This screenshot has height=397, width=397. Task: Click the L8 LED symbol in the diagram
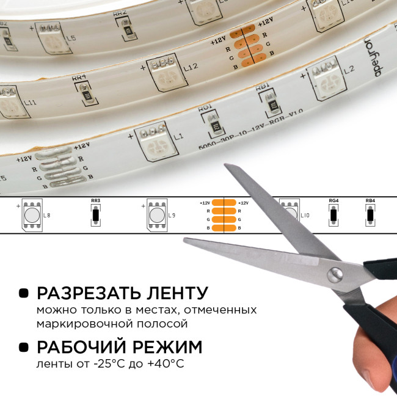31,216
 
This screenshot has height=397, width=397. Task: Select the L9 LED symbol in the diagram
155,216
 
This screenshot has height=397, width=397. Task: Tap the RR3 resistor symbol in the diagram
95,215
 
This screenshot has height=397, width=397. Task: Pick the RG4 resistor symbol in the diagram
333,215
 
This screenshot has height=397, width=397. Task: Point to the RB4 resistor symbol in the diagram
370,215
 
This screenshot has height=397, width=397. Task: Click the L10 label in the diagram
306,216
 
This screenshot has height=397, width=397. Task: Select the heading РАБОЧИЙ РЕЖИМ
119,348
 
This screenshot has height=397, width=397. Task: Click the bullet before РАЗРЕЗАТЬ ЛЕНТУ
24,293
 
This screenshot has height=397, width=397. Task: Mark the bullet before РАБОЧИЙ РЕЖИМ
24,348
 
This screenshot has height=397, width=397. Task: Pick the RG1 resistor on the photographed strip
214,127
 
